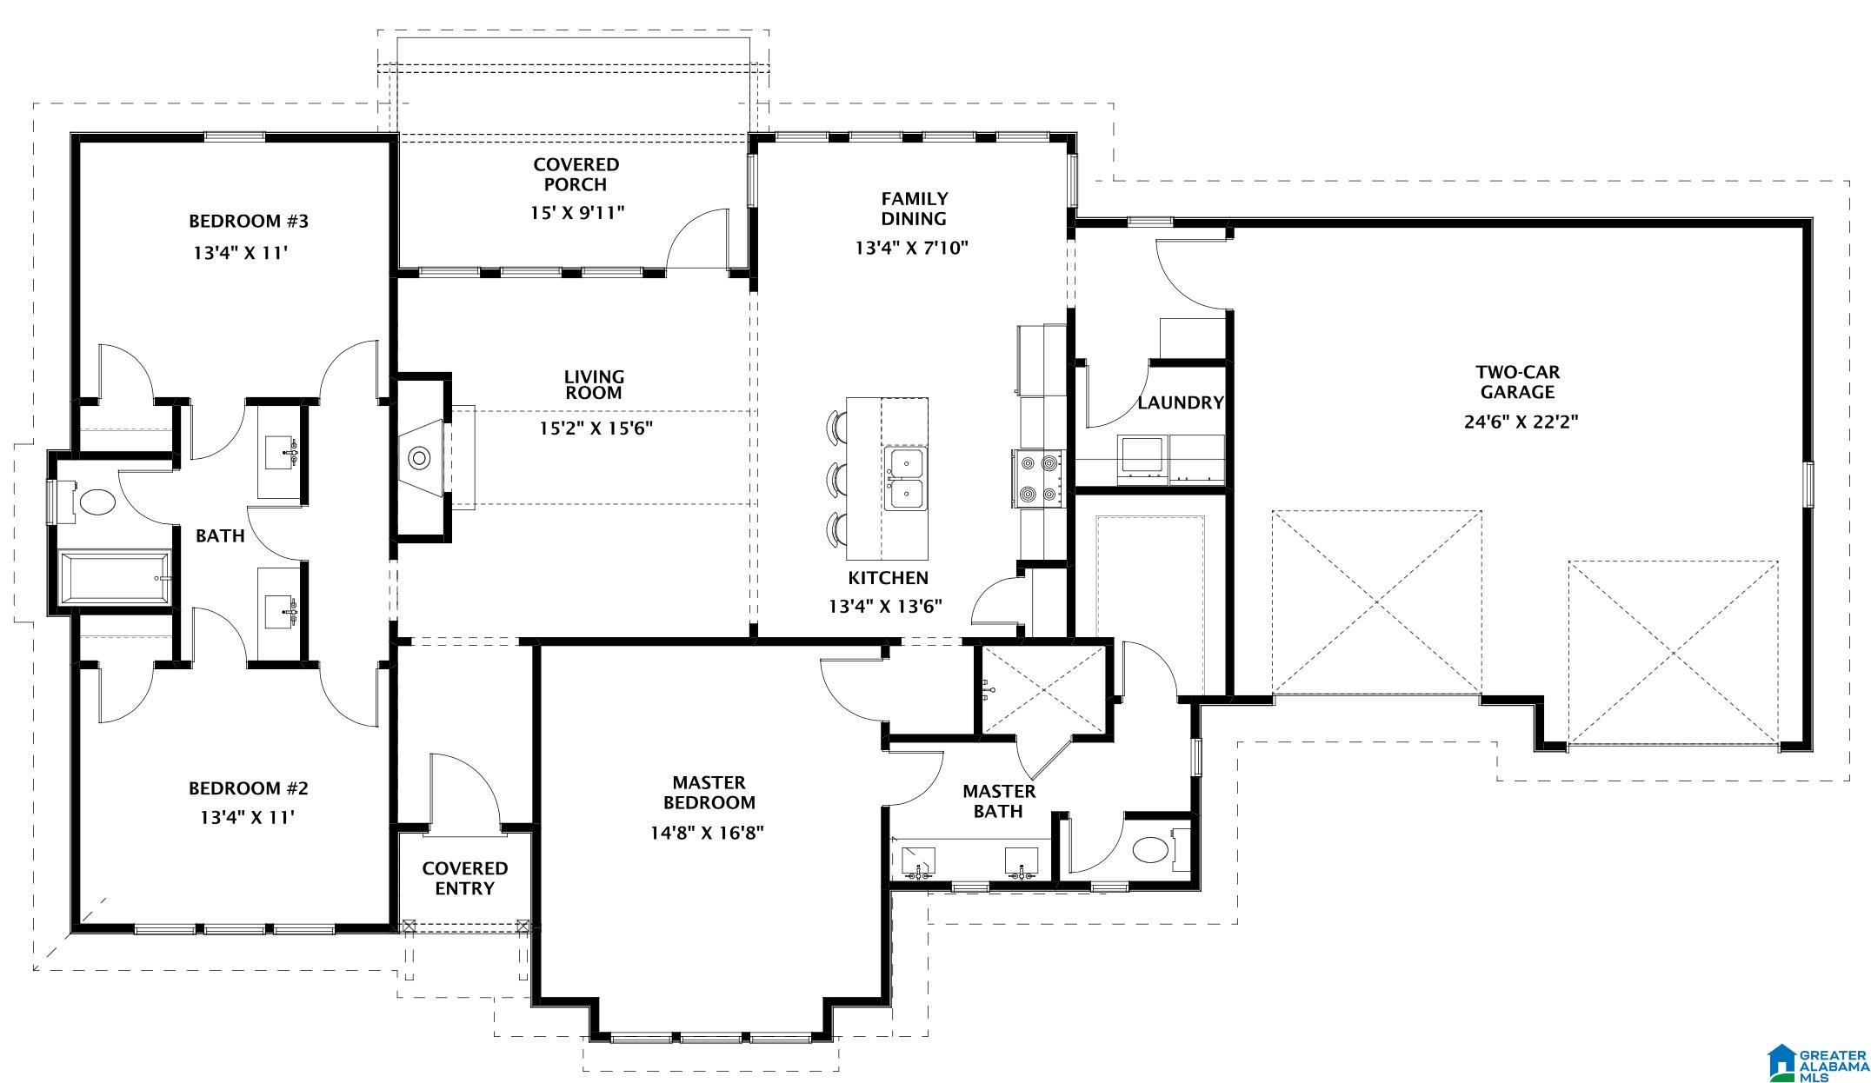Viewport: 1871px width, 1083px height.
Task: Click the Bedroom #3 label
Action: pyautogui.click(x=249, y=221)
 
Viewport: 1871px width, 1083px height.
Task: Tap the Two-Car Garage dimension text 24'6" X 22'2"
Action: pyautogui.click(x=1521, y=422)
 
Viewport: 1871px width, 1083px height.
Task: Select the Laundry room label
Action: pyautogui.click(x=1181, y=402)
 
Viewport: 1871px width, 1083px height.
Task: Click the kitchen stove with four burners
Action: pyautogui.click(x=1039, y=479)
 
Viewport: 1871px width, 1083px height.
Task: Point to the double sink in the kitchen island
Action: pyautogui.click(x=906, y=478)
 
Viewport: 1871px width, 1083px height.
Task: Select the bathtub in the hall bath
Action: pyautogui.click(x=115, y=578)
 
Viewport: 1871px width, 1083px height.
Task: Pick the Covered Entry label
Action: pyautogui.click(x=464, y=878)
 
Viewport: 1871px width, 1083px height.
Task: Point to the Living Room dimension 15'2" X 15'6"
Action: pyautogui.click(x=596, y=429)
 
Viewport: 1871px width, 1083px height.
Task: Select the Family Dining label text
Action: pyautogui.click(x=914, y=209)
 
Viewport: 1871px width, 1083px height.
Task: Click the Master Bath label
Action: pyautogui.click(x=999, y=801)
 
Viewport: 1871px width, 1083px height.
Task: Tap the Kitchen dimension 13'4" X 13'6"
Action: pyautogui.click(x=886, y=607)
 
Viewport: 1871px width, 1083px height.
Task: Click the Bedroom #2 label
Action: pyautogui.click(x=249, y=788)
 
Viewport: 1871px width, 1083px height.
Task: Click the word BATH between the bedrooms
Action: pyautogui.click(x=220, y=536)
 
